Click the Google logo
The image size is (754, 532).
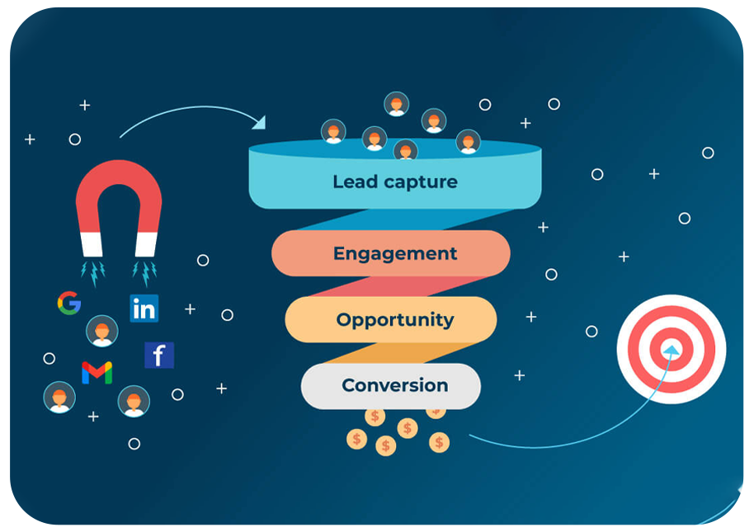[x=69, y=304]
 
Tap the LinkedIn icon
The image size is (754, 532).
[x=144, y=308]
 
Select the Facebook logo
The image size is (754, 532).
[x=159, y=355]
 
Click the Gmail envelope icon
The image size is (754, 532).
[x=97, y=373]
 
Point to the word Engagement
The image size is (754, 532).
[x=394, y=253]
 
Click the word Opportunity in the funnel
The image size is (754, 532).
[x=394, y=319]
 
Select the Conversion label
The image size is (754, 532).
[x=394, y=385]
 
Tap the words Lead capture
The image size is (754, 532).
[x=394, y=181]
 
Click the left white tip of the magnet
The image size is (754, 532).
[x=92, y=244]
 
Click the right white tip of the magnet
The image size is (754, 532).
[x=145, y=244]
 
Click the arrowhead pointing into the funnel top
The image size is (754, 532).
[x=259, y=123]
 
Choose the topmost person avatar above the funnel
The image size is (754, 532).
[x=397, y=104]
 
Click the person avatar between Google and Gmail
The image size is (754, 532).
[x=101, y=331]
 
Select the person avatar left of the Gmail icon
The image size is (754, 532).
[x=59, y=397]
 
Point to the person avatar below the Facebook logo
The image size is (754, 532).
[x=134, y=402]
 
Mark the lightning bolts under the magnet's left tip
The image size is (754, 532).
[x=92, y=272]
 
